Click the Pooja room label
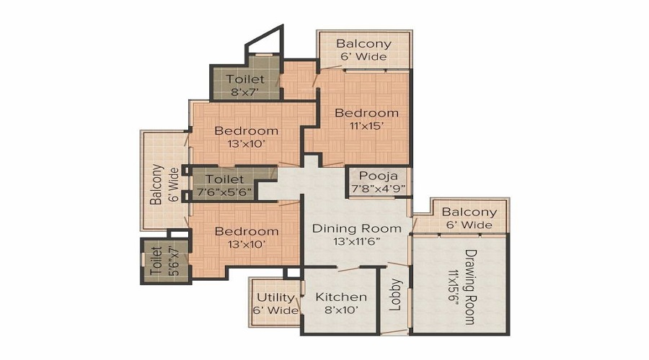(378, 176)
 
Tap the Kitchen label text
(341, 297)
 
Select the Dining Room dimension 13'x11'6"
(357, 241)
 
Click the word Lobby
(396, 294)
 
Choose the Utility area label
(275, 297)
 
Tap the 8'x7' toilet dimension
(245, 91)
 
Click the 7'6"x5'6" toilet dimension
(224, 192)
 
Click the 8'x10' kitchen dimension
(341, 310)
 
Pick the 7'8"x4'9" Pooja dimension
(378, 189)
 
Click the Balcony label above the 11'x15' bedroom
(364, 43)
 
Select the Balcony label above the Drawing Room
(469, 212)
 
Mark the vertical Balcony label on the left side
(156, 184)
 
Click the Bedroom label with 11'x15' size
(367, 112)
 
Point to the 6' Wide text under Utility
(275, 310)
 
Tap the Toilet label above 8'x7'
(245, 78)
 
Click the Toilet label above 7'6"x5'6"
(225, 179)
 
